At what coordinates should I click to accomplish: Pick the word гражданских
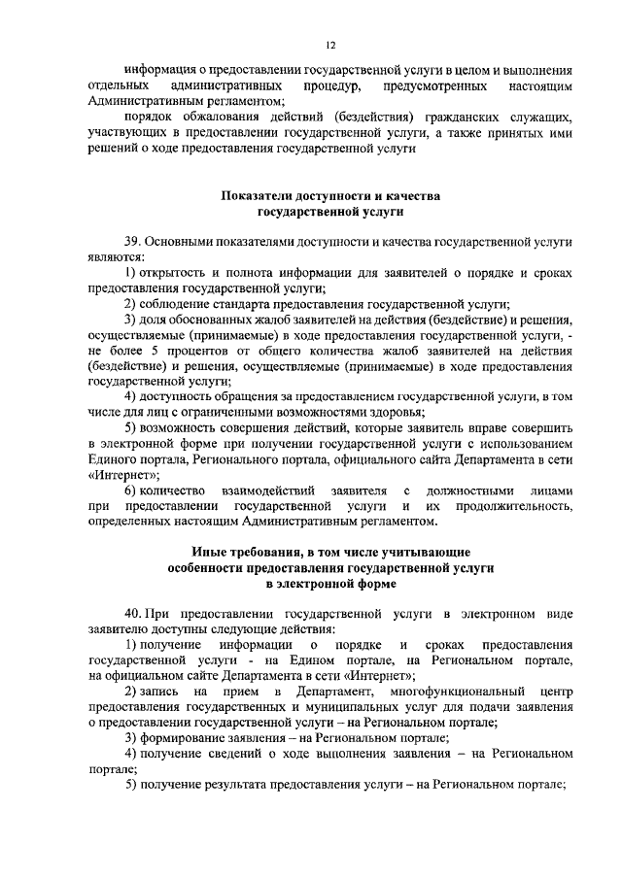coord(438,117)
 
